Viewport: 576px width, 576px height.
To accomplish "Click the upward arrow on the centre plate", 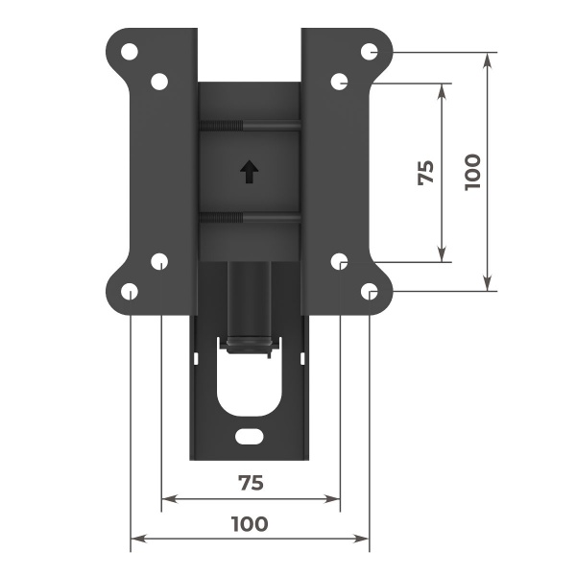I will click(x=250, y=172).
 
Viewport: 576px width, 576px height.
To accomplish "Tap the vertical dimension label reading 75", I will click(x=425, y=172).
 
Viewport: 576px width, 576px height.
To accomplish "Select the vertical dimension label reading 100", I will click(x=471, y=172).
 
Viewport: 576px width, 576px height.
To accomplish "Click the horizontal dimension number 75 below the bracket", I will click(x=250, y=483).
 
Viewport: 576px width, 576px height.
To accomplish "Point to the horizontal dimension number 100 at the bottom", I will click(x=250, y=524).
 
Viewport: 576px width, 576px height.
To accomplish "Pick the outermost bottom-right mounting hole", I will click(x=370, y=291).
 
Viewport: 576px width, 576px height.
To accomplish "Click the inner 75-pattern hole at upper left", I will click(x=159, y=82).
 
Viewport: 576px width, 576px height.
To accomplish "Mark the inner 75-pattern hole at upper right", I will click(x=340, y=82).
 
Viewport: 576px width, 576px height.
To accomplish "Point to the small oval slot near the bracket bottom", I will click(x=250, y=436).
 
